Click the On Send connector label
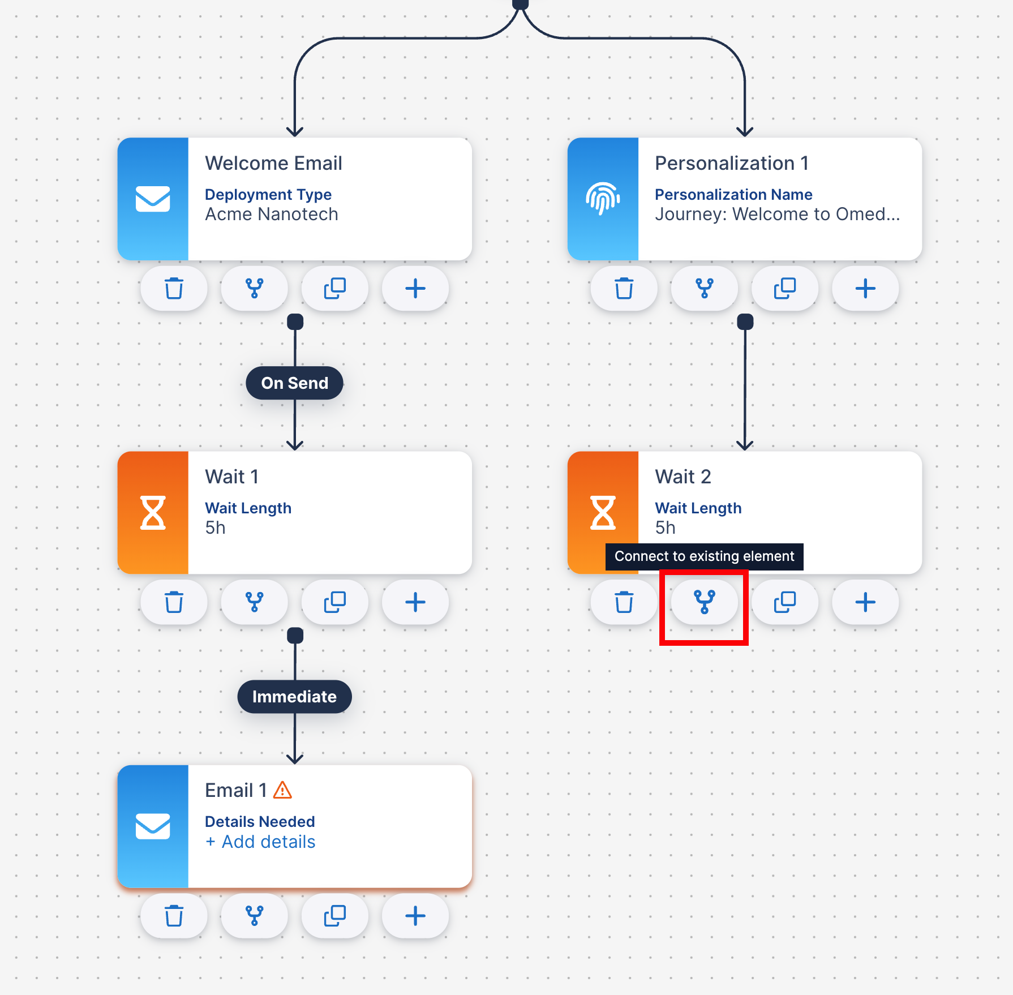pyautogui.click(x=294, y=383)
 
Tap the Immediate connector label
pyautogui.click(x=294, y=697)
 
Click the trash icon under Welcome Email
pyautogui.click(x=174, y=288)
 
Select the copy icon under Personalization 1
pyautogui.click(x=785, y=288)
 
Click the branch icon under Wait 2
pyautogui.click(x=705, y=602)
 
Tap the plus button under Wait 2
pyautogui.click(x=865, y=602)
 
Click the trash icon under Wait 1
pyautogui.click(x=174, y=602)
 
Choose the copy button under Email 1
pyautogui.click(x=335, y=915)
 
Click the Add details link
pyautogui.click(x=260, y=842)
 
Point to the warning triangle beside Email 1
pyautogui.click(x=282, y=790)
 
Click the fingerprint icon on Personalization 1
pyautogui.click(x=603, y=199)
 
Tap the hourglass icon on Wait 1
pyautogui.click(x=153, y=512)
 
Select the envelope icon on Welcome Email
pyautogui.click(x=153, y=199)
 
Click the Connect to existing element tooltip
pyautogui.click(x=705, y=556)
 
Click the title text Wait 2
pyautogui.click(x=683, y=477)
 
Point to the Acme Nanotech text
pyautogui.click(x=272, y=215)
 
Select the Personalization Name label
pyautogui.click(x=733, y=195)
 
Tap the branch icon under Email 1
pyautogui.click(x=255, y=915)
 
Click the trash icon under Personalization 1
pyautogui.click(x=624, y=288)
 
